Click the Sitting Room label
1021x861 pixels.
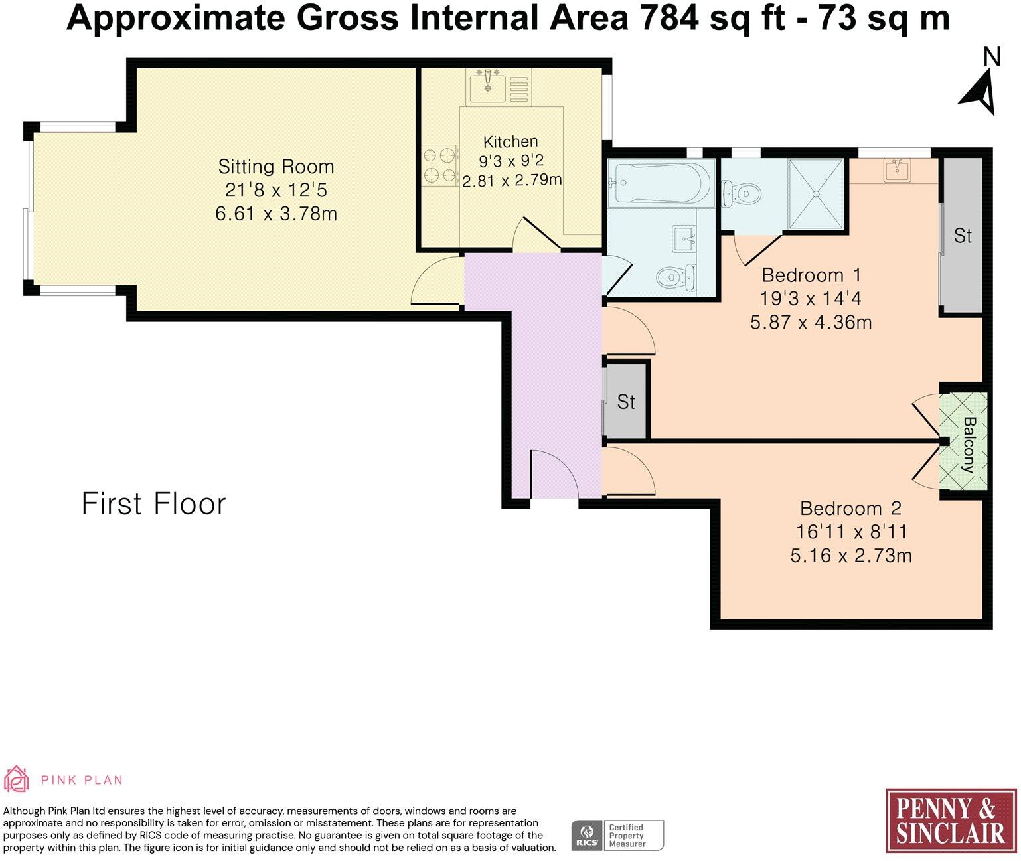point(276,166)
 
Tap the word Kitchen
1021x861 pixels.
point(510,141)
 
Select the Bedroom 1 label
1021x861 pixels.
point(811,275)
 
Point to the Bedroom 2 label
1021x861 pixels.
point(850,509)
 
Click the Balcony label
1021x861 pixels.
point(969,444)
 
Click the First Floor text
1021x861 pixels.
point(153,504)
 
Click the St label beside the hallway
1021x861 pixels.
point(626,402)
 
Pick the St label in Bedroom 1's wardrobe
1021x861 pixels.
point(963,236)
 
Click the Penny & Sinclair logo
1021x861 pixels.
point(951,821)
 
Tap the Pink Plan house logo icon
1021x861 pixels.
point(17,779)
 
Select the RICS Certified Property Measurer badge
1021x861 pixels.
point(617,835)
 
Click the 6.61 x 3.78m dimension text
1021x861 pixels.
point(276,214)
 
